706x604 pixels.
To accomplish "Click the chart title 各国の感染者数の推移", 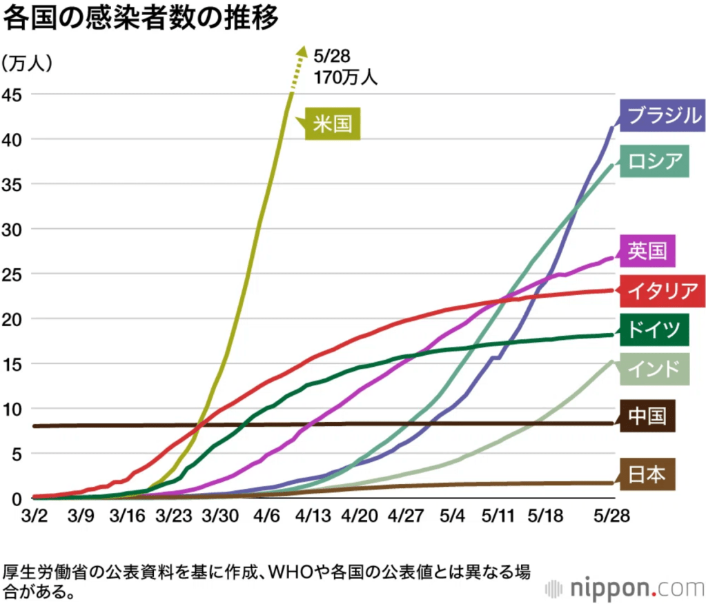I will click(x=141, y=19).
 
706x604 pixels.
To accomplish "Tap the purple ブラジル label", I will click(x=662, y=115).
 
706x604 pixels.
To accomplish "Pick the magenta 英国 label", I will click(x=647, y=251).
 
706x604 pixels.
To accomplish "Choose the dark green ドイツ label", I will click(x=654, y=328).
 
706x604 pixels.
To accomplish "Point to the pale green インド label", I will click(x=654, y=369).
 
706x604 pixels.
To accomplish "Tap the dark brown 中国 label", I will click(x=647, y=415).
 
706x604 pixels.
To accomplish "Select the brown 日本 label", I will click(x=647, y=474).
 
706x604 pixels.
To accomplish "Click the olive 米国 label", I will click(x=333, y=124).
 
